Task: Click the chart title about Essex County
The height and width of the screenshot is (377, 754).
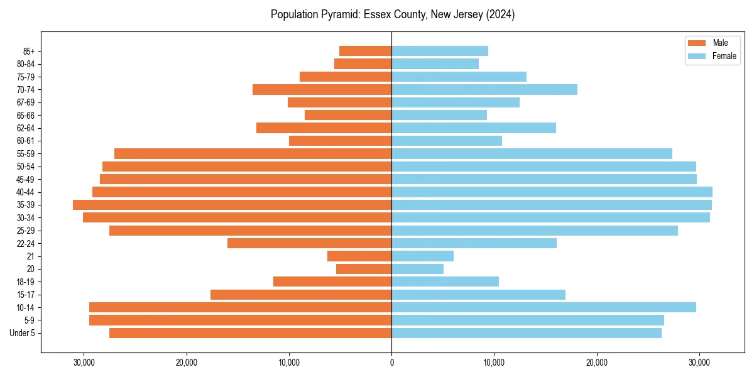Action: pos(393,14)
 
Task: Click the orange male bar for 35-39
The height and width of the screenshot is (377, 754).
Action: pos(232,205)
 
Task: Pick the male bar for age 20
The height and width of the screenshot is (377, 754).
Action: pos(364,269)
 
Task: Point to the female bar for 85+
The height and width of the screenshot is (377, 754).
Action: pos(440,51)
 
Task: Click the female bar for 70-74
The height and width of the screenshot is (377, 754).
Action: pos(484,89)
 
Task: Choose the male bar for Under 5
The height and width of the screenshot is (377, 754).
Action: pos(251,333)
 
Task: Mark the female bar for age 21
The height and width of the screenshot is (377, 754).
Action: pos(422,256)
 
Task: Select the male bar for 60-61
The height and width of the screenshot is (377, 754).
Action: pos(341,141)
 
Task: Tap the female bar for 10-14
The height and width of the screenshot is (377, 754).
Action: pos(544,307)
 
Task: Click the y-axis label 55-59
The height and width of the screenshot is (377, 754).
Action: pos(25,153)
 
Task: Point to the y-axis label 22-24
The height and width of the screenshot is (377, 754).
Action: pos(25,243)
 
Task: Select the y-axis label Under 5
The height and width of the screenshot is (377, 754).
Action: pos(22,333)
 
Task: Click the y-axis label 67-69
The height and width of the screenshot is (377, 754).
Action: pos(25,102)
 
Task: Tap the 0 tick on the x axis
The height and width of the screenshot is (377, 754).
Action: pos(391,363)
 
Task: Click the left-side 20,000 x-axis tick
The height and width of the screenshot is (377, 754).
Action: pos(187,363)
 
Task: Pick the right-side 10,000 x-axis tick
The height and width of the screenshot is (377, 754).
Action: pos(494,363)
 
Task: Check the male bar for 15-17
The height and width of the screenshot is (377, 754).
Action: pos(301,295)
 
